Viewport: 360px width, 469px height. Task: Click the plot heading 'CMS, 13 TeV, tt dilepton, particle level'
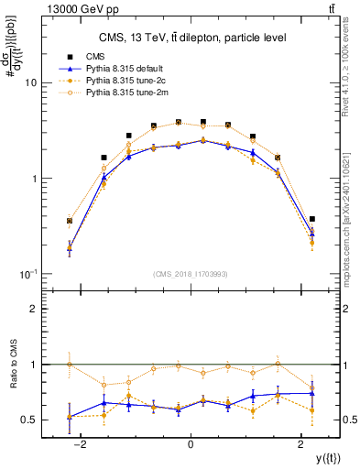click(191, 38)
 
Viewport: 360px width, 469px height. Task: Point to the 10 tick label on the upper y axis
click(29, 82)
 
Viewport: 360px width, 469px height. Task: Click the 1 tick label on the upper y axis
click(32, 179)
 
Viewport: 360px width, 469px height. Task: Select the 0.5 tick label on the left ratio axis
click(28, 420)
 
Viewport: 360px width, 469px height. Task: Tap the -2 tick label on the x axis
click(80, 443)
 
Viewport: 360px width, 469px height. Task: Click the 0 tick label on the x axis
click(191, 443)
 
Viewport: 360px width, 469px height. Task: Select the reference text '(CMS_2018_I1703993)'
click(191, 274)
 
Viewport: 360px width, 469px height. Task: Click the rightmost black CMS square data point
click(313, 219)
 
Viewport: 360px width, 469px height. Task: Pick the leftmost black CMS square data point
click(70, 221)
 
